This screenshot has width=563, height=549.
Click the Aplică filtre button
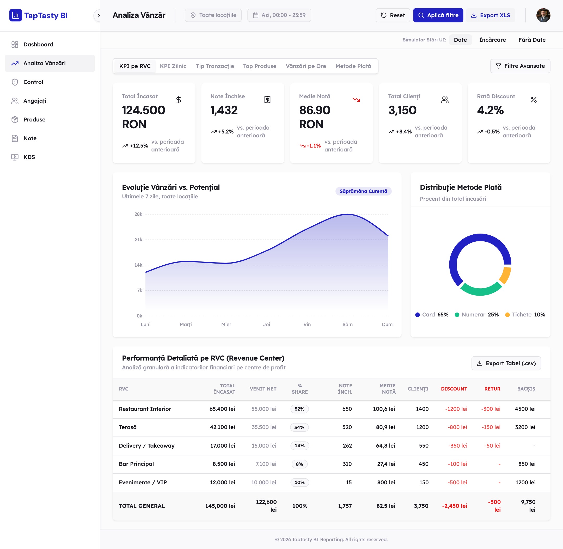click(438, 15)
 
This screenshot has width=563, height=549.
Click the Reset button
click(393, 15)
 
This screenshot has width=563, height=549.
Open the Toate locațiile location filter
click(213, 15)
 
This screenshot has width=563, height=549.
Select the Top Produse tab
click(259, 66)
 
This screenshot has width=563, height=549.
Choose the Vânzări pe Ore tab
click(305, 66)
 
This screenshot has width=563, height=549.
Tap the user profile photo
click(543, 15)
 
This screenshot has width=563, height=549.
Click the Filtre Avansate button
click(520, 66)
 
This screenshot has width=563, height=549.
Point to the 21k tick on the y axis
click(139, 240)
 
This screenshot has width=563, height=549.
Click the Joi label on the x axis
click(267, 324)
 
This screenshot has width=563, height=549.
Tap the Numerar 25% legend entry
click(477, 315)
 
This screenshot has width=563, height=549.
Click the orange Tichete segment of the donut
click(505, 275)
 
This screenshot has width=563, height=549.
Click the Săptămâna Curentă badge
click(363, 191)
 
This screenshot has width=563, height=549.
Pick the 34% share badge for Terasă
click(299, 427)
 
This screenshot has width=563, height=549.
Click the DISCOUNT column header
click(454, 389)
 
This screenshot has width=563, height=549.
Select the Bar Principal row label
click(136, 464)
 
